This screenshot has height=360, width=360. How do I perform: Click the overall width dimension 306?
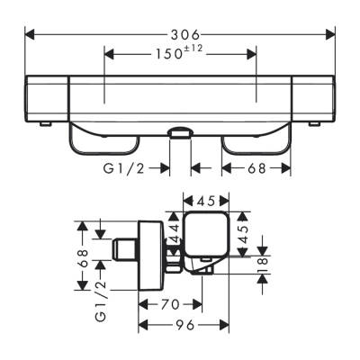(x=180, y=34)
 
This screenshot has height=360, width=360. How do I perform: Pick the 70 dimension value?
(x=169, y=304)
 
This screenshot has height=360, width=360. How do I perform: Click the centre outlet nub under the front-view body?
(x=180, y=134)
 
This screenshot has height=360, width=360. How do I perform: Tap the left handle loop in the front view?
(x=103, y=139)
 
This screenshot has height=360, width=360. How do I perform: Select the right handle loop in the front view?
(x=256, y=139)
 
